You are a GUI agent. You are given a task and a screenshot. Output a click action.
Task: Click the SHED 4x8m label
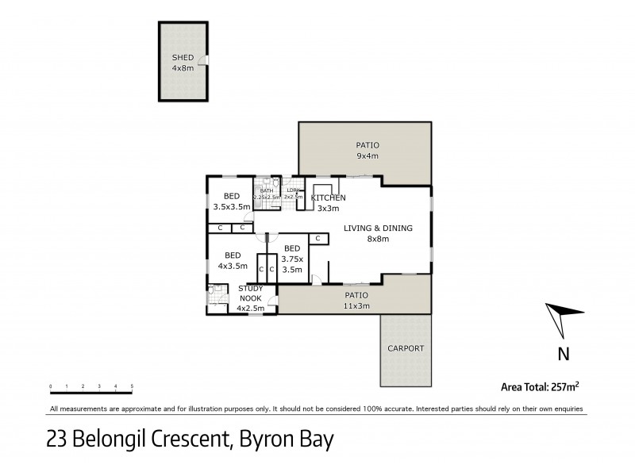[183, 63]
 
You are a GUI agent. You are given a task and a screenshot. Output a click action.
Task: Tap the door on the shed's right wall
[205, 62]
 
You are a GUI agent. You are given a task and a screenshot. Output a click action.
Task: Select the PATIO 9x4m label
[367, 151]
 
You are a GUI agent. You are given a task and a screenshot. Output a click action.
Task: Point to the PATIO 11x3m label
[356, 300]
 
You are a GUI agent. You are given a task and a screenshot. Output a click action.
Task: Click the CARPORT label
[406, 348]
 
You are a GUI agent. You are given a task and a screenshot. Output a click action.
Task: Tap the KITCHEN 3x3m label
[328, 203]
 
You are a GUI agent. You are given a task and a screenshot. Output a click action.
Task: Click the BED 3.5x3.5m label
[232, 202]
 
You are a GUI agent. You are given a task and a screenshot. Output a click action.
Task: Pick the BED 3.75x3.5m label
[292, 259]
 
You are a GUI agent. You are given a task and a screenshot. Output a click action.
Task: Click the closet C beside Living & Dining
[317, 238]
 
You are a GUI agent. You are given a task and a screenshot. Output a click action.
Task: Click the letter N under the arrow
[562, 353]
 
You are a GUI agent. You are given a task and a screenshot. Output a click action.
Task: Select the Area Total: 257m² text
[540, 387]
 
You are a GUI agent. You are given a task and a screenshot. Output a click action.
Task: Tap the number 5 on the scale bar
[132, 386]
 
